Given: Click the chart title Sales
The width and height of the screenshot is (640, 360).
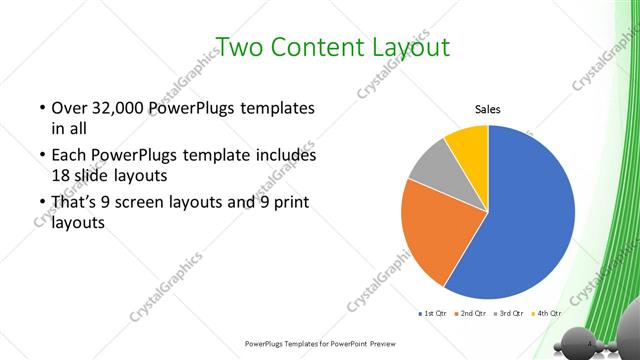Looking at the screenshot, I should tap(487, 110).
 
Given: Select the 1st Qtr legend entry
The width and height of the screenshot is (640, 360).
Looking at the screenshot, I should tap(433, 314).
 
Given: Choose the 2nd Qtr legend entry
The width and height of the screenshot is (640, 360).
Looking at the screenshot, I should tap(471, 314).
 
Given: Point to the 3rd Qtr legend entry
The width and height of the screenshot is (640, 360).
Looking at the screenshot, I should tap(510, 314).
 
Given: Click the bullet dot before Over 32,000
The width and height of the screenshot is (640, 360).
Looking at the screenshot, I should tap(41, 108).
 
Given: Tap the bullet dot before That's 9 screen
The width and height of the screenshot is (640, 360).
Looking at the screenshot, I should tap(41, 204).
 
